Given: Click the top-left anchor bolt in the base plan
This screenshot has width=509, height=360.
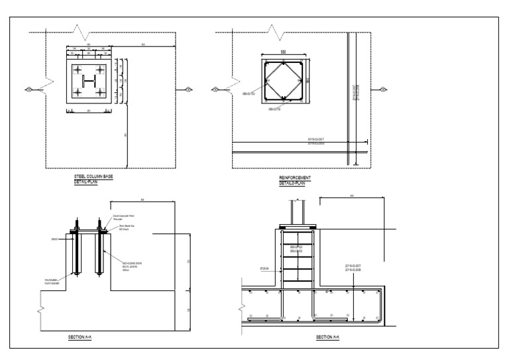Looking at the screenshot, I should [x=78, y=70].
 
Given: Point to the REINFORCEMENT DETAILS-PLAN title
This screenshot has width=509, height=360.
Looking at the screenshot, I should [x=296, y=180].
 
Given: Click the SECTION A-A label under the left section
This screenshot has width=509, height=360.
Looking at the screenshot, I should [x=80, y=337].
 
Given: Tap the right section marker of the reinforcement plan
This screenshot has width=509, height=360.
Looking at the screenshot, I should [x=382, y=89].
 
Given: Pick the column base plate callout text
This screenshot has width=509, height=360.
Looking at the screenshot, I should [x=123, y=217].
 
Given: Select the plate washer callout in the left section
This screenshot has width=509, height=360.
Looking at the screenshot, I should [x=55, y=282].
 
